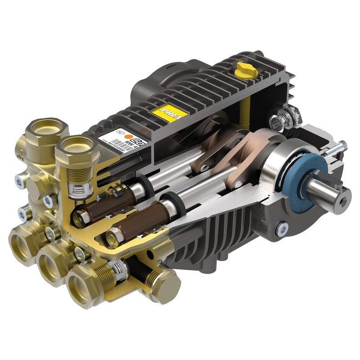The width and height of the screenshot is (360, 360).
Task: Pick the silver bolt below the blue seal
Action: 283,228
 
